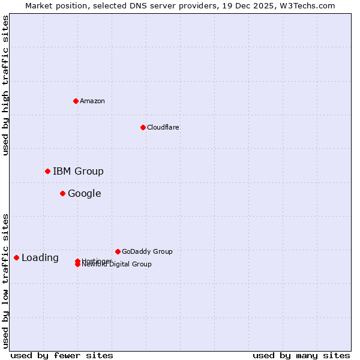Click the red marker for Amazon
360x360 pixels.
(x=76, y=101)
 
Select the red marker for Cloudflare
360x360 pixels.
(x=143, y=127)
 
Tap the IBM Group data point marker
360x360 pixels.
(x=47, y=172)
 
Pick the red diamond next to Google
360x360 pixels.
(x=62, y=193)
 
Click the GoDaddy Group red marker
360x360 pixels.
(x=118, y=251)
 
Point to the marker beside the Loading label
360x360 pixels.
(x=16, y=257)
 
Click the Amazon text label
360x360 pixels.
(x=92, y=101)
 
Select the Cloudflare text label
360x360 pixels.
(x=163, y=127)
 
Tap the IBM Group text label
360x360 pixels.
(x=78, y=172)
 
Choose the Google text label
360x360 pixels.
(x=84, y=193)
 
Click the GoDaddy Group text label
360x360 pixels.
(x=147, y=251)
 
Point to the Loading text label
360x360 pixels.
(x=40, y=258)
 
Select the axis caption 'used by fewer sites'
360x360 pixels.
(x=62, y=355)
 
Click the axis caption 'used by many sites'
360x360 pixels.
(x=301, y=355)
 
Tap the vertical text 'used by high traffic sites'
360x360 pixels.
(x=5, y=86)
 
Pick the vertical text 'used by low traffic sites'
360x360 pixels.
(x=5, y=281)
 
